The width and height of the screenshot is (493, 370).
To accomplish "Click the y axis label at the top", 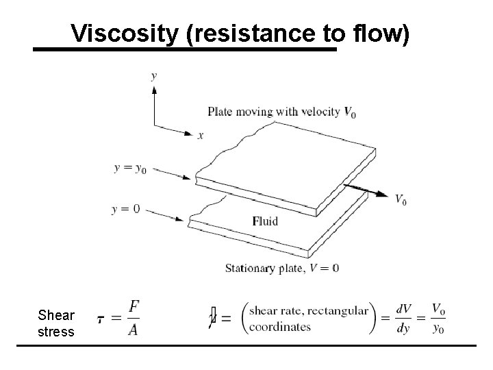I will point(153,75).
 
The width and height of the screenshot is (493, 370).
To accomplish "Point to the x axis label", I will point(201,136).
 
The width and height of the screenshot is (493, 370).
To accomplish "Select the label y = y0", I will point(130,168).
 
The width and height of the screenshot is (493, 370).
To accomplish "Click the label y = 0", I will point(125,209).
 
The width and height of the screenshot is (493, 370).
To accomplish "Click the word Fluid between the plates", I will point(265,221).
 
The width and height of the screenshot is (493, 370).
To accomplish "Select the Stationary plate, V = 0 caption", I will point(282,267).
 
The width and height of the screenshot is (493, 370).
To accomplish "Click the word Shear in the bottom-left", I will point(56,316).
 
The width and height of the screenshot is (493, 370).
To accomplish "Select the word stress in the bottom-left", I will point(56,332).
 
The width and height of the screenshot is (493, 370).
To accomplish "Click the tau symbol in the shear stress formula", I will point(101,320).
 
